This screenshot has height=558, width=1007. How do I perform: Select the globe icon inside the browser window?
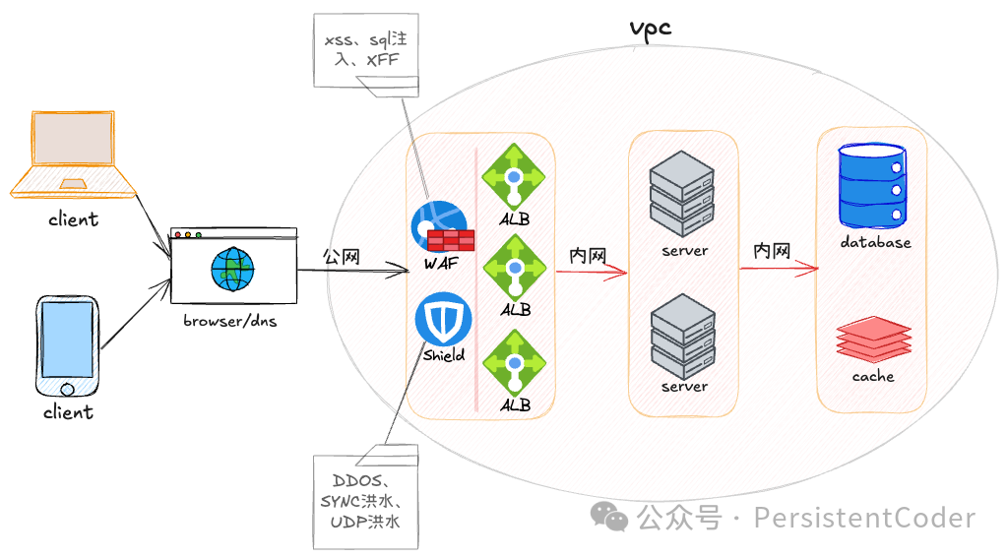pos(232,269)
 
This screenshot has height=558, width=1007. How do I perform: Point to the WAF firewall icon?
pos(441,227)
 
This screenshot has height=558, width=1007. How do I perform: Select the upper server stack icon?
pos(682,193)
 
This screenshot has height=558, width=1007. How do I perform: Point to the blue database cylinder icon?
pos(871,186)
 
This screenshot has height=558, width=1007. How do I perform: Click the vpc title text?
pos(651,27)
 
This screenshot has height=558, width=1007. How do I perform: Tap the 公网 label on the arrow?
pos(342,256)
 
